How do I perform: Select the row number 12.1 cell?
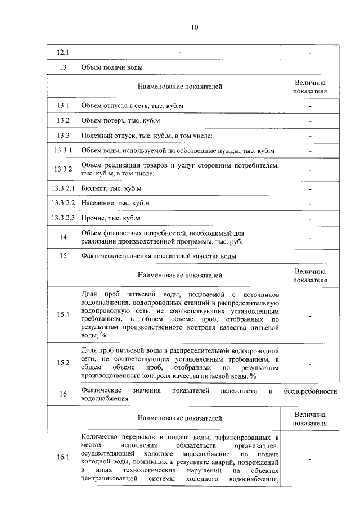63,53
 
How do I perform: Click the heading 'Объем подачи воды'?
111,68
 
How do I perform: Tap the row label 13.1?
63,106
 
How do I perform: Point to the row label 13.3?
63,136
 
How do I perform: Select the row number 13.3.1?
63,151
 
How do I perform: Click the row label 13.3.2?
63,169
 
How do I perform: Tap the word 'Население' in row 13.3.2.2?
97,203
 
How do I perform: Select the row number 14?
63,237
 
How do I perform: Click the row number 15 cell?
63,256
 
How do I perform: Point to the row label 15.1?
63,315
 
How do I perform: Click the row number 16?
63,394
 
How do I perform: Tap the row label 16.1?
63,457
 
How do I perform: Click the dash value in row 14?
310,237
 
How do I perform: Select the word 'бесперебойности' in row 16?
310,390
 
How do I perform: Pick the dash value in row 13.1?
310,106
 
